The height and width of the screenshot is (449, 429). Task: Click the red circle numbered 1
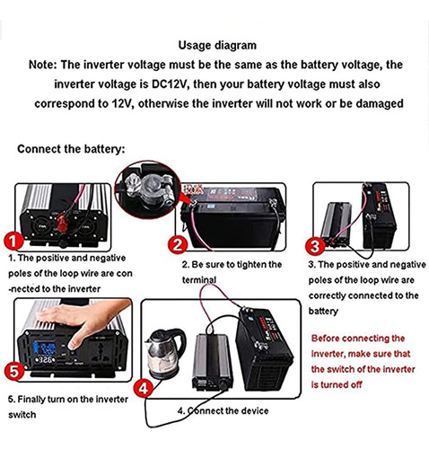13,242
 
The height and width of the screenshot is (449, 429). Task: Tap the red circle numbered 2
178,245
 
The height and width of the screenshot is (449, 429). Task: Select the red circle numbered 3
315,246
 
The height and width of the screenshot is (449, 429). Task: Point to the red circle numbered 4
144,388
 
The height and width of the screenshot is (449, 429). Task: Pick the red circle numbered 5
14,372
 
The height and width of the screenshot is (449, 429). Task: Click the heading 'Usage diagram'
217,46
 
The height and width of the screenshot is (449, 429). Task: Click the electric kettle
165,354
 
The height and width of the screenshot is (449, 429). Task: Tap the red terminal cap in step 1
62,223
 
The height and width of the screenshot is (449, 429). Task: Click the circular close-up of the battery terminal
148,189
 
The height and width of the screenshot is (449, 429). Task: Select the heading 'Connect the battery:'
71,149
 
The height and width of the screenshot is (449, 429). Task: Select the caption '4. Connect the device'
223,410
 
